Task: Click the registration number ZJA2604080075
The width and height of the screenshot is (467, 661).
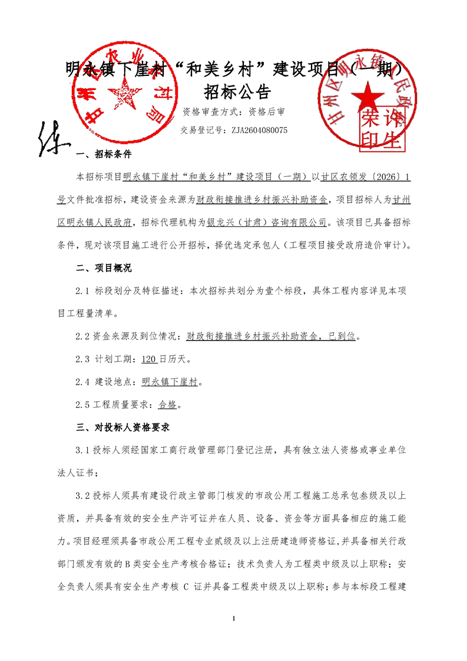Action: coord(259,130)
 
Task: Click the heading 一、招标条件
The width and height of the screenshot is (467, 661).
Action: coord(104,156)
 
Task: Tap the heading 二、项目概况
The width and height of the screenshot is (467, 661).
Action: coord(104,268)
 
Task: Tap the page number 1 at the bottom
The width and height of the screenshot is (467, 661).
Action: coord(234,618)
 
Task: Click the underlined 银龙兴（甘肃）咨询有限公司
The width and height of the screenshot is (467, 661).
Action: coord(277,222)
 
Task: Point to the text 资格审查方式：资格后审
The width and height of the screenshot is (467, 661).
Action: coord(234,111)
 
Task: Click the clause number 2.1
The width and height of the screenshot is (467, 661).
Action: coord(82,290)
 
